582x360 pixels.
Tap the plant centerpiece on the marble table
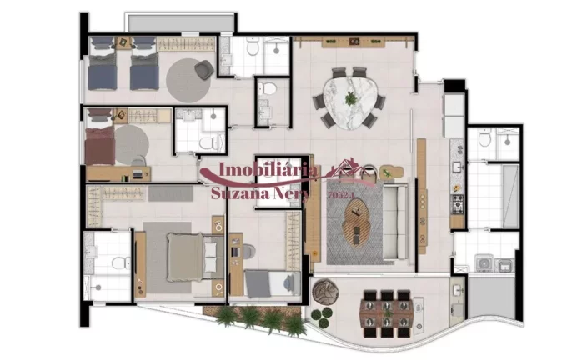pos(351,98)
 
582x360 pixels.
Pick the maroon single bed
pos(101,147)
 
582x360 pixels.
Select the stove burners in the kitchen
pos(457,202)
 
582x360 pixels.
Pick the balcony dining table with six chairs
pos(386,312)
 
